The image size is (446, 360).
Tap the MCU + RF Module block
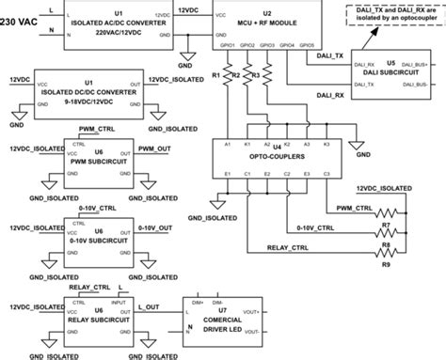pos(266,23)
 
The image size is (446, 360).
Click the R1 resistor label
pos(215,72)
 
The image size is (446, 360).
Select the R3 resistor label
pos(251,72)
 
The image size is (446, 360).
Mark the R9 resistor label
pos(385,264)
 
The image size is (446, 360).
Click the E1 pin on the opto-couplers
pos(227,175)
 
